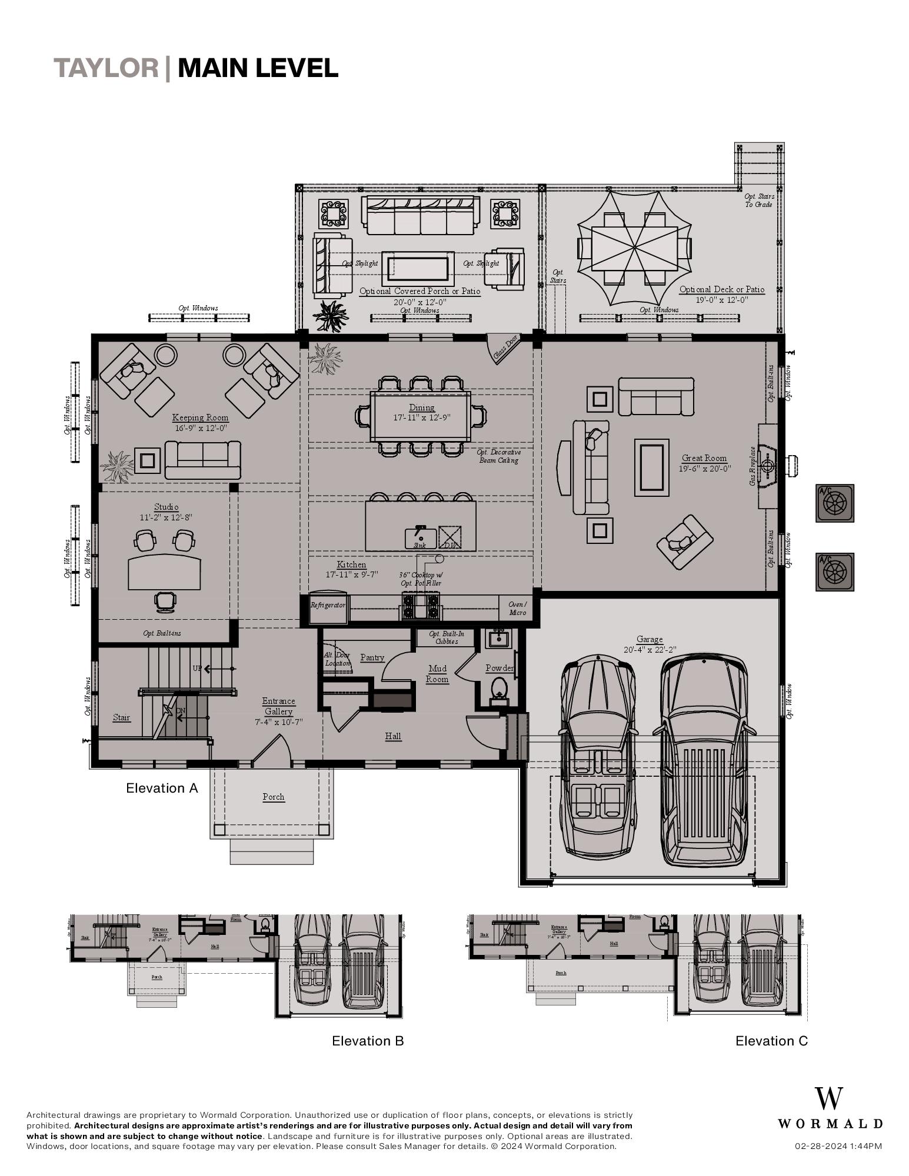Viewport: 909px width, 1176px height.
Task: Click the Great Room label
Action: [x=704, y=458]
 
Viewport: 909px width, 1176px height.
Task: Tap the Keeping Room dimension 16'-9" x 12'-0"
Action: [x=200, y=428]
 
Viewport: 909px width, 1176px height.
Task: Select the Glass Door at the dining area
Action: [x=505, y=349]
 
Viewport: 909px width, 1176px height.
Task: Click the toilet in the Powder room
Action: [x=499, y=687]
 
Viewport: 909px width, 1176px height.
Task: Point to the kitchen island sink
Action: [x=420, y=536]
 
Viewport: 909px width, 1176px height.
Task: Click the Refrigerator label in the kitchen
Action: [x=328, y=604]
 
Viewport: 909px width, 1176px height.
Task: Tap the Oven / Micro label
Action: [x=517, y=609]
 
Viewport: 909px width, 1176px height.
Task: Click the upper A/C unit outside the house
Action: [x=834, y=503]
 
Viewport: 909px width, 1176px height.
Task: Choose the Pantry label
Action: [x=372, y=657]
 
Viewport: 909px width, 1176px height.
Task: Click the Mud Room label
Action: [x=437, y=674]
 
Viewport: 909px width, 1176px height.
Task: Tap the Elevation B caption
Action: [x=368, y=1041]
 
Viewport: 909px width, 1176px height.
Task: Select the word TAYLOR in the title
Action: [x=106, y=68]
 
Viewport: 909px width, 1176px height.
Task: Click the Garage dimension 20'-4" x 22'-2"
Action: [x=650, y=650]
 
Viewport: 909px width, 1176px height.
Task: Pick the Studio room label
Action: [x=166, y=507]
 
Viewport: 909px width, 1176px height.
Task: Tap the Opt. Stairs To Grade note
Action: [x=758, y=201]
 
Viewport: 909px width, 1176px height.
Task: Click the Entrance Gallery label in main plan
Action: [x=278, y=706]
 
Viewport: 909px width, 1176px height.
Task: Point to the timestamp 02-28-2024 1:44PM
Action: [x=838, y=1146]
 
